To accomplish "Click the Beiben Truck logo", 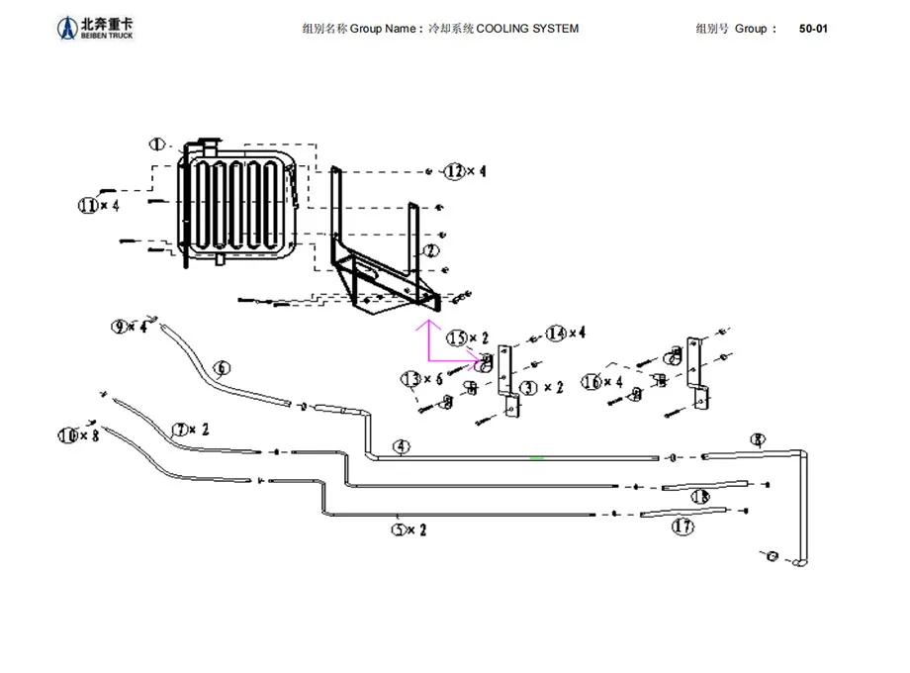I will click(94, 29).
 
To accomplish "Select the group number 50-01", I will click(813, 29).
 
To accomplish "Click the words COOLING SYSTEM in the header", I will click(527, 29).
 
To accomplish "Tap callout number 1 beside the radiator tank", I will click(158, 144).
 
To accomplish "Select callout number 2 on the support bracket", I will click(430, 250).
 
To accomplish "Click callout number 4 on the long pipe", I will click(401, 447).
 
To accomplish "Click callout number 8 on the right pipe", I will click(758, 439).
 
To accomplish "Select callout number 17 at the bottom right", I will click(682, 527).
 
